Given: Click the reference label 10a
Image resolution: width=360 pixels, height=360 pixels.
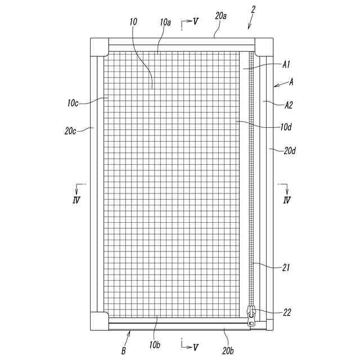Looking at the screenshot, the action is pyautogui.click(x=165, y=22).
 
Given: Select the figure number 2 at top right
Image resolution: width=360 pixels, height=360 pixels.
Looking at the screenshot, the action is pyautogui.click(x=253, y=10).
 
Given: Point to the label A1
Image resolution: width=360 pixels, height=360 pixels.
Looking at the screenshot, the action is pyautogui.click(x=286, y=65).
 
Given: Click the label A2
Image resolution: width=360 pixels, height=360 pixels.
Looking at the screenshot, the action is pyautogui.click(x=289, y=105).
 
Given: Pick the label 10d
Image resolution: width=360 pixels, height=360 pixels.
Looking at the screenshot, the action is pyautogui.click(x=286, y=127).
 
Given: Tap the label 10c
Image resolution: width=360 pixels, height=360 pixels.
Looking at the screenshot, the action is pyautogui.click(x=73, y=103).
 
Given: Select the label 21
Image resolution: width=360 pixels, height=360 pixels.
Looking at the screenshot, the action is pyautogui.click(x=286, y=268).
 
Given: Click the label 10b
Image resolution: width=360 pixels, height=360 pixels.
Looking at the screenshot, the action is pyautogui.click(x=155, y=343).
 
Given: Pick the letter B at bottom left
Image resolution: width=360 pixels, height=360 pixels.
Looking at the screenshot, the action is pyautogui.click(x=123, y=352).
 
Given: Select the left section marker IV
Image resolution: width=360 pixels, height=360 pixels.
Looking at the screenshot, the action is pyautogui.click(x=76, y=200).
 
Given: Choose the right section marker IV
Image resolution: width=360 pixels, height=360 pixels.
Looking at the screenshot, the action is pyautogui.click(x=287, y=200).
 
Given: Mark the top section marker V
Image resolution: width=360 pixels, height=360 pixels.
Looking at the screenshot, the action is pyautogui.click(x=195, y=21).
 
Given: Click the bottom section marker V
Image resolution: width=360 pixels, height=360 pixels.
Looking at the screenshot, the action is pyautogui.click(x=195, y=347).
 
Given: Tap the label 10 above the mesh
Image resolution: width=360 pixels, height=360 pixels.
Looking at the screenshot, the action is pyautogui.click(x=133, y=21).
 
